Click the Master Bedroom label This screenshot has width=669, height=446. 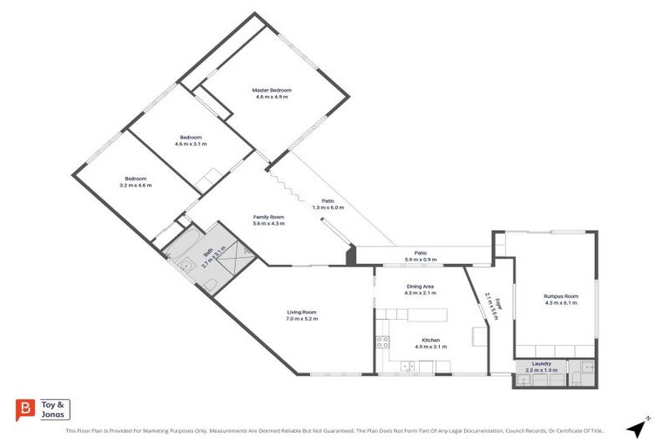tap(272, 90)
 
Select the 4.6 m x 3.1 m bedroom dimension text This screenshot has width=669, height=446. tap(191, 144)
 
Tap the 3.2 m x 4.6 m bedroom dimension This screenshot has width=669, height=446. tap(137, 185)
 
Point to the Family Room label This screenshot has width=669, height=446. tap(268, 216)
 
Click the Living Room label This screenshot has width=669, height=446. tap(302, 312)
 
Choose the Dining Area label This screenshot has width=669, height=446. tap(420, 286)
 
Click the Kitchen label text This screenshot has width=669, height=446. tap(430, 339)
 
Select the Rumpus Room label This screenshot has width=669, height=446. tap(561, 296)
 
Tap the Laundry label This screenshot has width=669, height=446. tap(542, 363)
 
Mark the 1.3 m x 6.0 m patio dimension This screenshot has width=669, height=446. tap(322, 207)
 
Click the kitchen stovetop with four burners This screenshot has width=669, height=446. tap(382, 341)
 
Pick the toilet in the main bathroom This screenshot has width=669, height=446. tap(212, 286)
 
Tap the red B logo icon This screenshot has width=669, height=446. tap(26, 409)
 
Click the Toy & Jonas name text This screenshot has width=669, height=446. tap(54, 409)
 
